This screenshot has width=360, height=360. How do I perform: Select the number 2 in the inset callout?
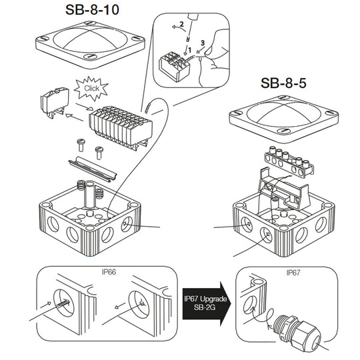pyautogui.click(x=180, y=25)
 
